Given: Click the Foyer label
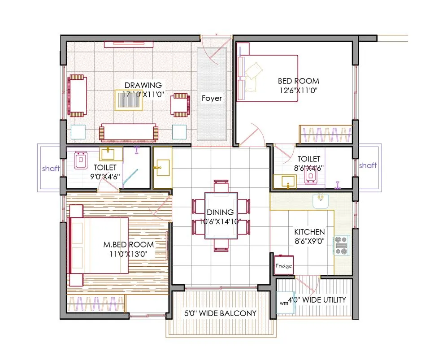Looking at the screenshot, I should click(212, 98).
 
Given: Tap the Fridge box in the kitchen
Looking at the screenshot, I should click(284, 265).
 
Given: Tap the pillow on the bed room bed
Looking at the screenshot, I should click(253, 70).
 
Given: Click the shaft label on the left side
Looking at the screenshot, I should click(51, 169).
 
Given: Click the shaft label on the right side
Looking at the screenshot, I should click(368, 165).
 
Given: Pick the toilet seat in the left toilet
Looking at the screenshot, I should click(81, 160).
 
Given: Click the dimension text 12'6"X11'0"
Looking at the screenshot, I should click(299, 90).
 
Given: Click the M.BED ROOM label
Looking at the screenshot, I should click(129, 245).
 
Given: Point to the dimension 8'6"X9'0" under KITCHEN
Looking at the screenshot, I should click(309, 241).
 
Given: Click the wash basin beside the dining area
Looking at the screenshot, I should click(162, 168).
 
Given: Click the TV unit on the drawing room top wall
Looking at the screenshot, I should click(130, 44).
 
